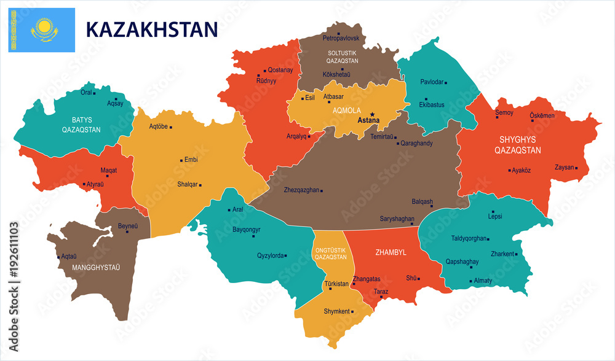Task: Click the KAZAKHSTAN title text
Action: point(151,29)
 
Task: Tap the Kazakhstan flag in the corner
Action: point(42,29)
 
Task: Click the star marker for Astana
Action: point(372,114)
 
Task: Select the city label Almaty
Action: point(483,281)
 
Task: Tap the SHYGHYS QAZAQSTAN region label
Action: point(520,145)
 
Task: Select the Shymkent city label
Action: point(336,311)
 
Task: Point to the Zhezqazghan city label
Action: point(301,190)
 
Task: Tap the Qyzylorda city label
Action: point(271,255)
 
